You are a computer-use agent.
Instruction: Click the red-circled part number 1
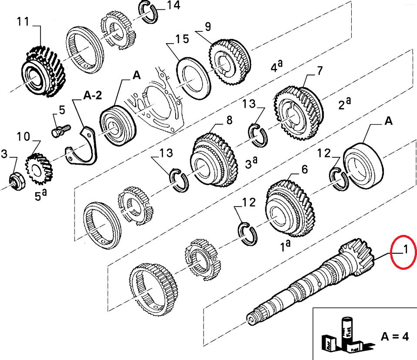[405, 251]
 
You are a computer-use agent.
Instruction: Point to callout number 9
[207, 27]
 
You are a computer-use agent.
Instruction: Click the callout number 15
[182, 39]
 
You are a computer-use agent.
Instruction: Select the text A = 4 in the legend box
[394, 336]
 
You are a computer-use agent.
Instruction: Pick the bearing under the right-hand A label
[363, 165]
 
